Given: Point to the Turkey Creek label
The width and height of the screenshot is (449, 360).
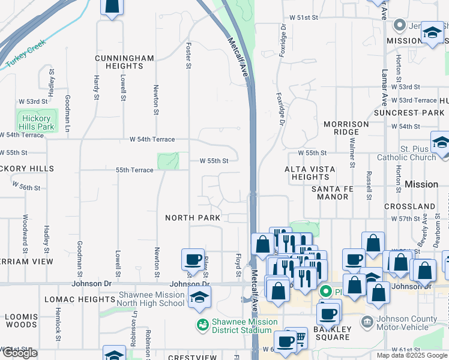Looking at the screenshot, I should coord(26,56).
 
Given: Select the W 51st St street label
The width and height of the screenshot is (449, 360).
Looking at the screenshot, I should coord(303,18).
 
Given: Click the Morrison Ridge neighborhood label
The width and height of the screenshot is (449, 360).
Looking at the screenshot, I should coord(346,128).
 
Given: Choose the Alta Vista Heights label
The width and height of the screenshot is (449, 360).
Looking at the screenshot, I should coord(310,173).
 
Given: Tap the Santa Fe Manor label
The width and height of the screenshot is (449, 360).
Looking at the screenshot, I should coord(332,193).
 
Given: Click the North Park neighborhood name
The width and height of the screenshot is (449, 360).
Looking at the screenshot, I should coord(193,217).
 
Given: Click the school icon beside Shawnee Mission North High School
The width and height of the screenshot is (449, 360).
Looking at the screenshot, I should coord(199,297).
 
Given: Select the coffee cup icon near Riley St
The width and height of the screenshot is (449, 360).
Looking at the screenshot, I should coord(193,260).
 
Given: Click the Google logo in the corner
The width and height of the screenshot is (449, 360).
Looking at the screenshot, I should coord(20,353).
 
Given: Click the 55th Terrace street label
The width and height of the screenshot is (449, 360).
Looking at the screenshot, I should coord(134,170).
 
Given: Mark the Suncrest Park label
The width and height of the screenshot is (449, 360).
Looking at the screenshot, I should coord(409,113).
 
